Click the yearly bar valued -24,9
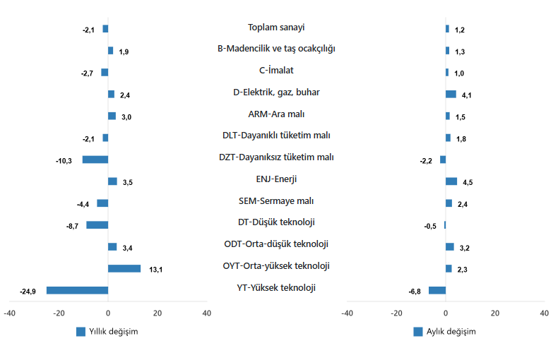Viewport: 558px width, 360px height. [x=77, y=290]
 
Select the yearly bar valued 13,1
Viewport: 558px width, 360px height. [x=124, y=268]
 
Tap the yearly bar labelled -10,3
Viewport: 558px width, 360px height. [x=95, y=160]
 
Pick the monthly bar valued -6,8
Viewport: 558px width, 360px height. [x=437, y=290]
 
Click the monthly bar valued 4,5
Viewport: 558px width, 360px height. [x=451, y=181]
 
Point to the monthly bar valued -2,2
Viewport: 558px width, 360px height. [x=443, y=160]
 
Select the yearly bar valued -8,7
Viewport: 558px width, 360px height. [x=97, y=225]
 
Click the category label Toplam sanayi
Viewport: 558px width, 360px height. [x=276, y=28]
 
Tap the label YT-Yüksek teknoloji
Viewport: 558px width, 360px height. [x=276, y=288]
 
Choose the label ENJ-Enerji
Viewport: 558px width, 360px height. [x=276, y=179]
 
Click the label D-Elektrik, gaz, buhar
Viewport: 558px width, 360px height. [x=276, y=92]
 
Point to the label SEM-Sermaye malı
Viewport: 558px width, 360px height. [x=276, y=201]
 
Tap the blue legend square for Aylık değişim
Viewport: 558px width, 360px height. [x=419, y=332]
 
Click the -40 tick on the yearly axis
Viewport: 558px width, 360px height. [x=10, y=312]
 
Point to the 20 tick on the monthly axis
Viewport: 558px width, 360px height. [x=495, y=312]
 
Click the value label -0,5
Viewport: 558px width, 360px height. [x=430, y=226]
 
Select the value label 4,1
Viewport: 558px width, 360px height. [x=467, y=95]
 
